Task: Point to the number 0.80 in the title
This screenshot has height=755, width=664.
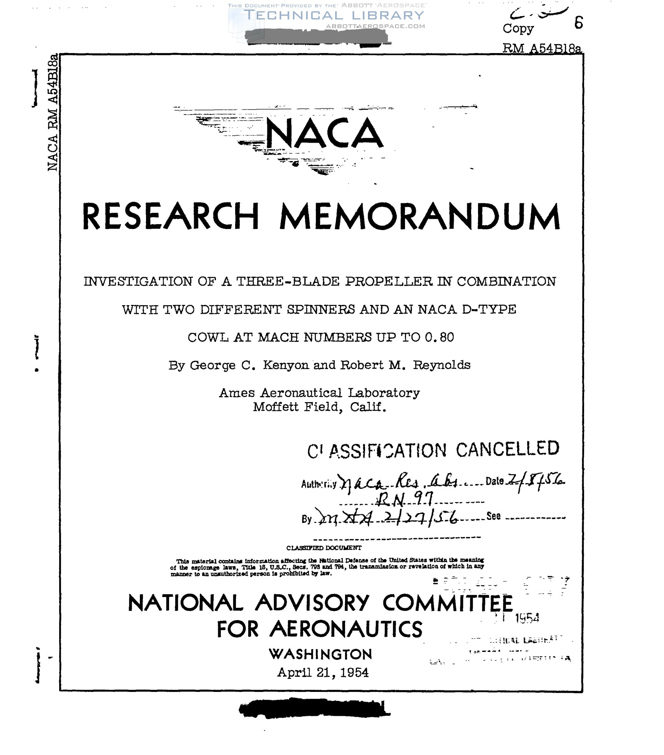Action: click(x=440, y=337)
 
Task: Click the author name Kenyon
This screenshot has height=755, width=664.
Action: click(x=286, y=365)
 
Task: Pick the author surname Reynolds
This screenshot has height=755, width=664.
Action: click(x=442, y=365)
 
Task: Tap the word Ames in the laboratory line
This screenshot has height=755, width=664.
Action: click(x=237, y=393)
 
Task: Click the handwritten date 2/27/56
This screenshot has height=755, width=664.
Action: click(x=421, y=519)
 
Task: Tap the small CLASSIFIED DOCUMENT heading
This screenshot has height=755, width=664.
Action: click(x=324, y=548)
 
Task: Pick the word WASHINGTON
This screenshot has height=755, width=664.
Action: click(x=320, y=654)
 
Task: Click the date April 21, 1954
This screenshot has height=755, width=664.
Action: click(x=323, y=672)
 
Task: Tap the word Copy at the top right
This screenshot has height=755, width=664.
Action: click(x=518, y=28)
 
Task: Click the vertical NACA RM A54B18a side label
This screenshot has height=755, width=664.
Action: click(x=53, y=112)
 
